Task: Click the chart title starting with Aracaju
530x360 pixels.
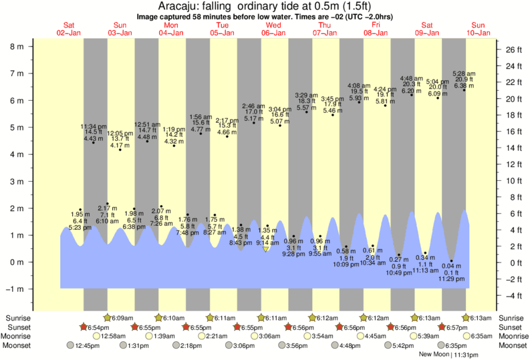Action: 265,6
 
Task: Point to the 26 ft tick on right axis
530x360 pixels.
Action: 511,49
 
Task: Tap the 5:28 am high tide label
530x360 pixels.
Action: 464,73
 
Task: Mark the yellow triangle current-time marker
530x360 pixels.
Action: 265,250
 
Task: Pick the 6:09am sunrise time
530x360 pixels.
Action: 122,318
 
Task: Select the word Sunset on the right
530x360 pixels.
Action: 511,327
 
